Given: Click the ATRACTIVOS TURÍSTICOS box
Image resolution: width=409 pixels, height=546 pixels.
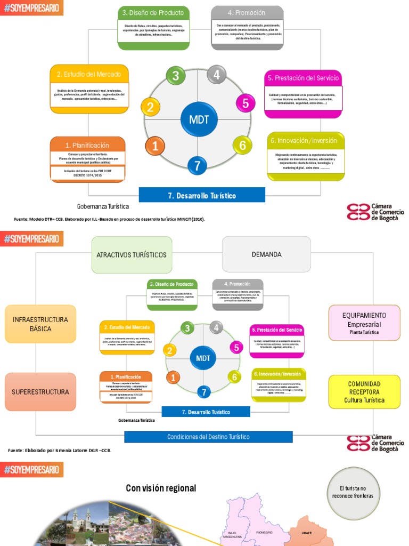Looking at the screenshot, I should point(131,254).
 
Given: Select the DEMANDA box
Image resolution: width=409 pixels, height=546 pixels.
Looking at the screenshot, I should point(266,254).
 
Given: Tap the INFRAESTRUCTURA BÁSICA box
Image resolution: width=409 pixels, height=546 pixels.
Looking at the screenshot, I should point(40,324).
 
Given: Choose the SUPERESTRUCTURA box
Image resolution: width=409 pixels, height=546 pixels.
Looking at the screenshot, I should point(40,392).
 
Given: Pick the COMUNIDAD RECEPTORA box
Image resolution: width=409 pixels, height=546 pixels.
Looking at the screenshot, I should point(364,392).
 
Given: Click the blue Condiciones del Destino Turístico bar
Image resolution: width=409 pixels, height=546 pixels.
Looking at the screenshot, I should point(208,437).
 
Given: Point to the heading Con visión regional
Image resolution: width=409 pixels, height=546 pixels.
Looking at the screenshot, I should point(161,488).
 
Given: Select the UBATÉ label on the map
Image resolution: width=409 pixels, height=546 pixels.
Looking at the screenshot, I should point(307,533).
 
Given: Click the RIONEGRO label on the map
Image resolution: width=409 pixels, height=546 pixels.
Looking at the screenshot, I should point(264,532).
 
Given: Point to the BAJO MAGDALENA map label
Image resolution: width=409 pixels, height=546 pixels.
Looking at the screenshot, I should point(232,535).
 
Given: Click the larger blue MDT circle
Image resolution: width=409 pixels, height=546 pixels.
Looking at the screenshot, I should point(199,119).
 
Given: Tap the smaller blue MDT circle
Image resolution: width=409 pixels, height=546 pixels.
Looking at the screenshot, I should point(203,358).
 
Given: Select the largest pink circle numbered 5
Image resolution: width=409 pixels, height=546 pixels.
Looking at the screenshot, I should point(245,103).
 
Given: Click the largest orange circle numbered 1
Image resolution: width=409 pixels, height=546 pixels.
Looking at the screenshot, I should point(156,146).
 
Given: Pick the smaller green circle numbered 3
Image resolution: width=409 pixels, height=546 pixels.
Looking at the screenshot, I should point(187,328).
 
